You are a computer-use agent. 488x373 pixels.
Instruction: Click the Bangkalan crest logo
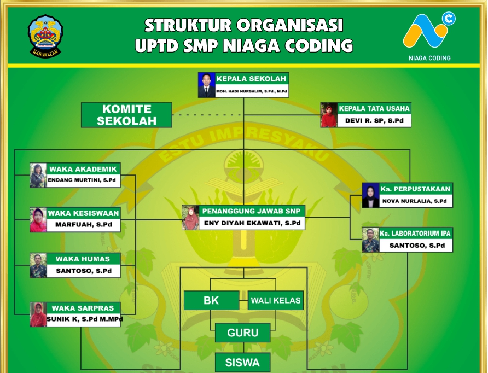[x=45, y=35]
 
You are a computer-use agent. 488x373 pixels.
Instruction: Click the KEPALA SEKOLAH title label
[x=251, y=79]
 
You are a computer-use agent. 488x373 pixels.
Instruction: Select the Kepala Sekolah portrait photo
[x=206, y=85]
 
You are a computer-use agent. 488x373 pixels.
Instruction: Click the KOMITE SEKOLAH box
[x=126, y=115]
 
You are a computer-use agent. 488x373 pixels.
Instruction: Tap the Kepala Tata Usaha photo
[x=329, y=115]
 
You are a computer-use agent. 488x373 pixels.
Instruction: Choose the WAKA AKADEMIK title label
[x=83, y=169]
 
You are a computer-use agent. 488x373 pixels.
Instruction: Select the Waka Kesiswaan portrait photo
[x=38, y=220]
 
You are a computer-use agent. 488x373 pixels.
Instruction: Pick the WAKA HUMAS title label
[x=83, y=259]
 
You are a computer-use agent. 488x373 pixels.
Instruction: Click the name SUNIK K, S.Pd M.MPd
[x=84, y=319]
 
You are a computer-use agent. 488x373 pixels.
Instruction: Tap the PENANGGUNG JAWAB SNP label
[x=252, y=211]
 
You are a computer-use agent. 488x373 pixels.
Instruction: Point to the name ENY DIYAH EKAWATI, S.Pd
[x=252, y=223]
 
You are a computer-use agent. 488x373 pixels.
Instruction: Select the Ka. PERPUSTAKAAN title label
[x=416, y=189]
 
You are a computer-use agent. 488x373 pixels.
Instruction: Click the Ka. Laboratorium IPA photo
[x=370, y=240]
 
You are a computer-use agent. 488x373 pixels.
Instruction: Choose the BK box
[x=211, y=300]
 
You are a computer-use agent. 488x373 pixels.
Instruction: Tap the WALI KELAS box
[x=275, y=300]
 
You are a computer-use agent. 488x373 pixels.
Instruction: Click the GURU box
[x=243, y=332]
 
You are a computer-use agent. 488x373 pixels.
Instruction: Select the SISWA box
[x=243, y=362]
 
